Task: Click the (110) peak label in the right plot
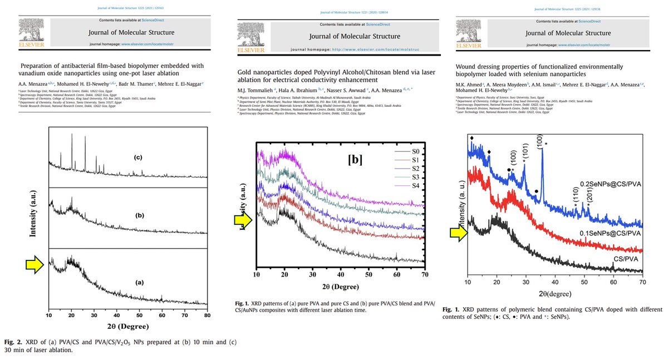(576, 198)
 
